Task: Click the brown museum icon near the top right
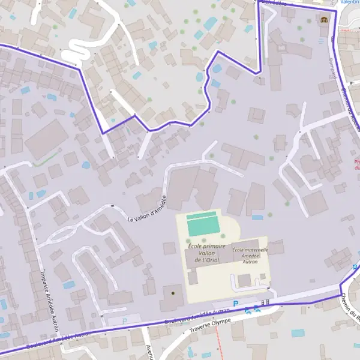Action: [325, 19]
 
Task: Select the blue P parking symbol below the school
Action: [236, 304]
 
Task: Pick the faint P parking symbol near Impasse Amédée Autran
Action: [124, 321]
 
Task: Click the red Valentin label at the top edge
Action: [350, 2]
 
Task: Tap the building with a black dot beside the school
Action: [173, 293]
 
